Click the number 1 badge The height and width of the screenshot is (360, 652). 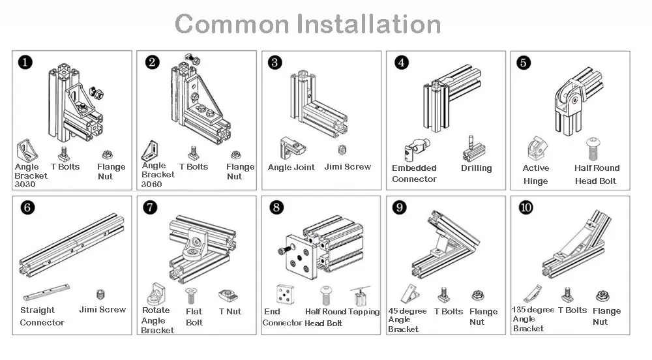tap(25, 63)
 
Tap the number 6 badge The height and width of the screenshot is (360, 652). tap(27, 208)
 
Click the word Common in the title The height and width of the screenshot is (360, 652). tap(231, 25)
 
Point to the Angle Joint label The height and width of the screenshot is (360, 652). tap(291, 167)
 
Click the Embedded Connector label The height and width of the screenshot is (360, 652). tap(414, 173)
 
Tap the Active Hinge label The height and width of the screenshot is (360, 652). tap(535, 174)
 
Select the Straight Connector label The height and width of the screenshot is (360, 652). tap(42, 316)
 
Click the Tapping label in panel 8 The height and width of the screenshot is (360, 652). tap(364, 312)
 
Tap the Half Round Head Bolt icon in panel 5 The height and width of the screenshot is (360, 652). tap(593, 149)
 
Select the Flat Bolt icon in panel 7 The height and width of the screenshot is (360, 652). tap(192, 295)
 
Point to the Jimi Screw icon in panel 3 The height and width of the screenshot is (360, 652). tap(343, 150)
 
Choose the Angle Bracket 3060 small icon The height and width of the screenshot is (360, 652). tap(151, 150)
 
